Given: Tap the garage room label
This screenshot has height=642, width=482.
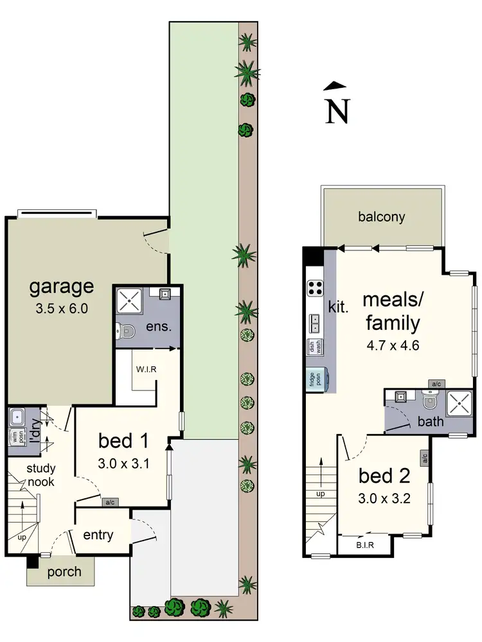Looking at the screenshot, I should click(x=62, y=286).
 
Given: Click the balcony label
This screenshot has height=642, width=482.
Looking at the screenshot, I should click(x=382, y=217).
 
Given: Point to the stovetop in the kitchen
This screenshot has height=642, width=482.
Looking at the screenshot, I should click(x=315, y=288).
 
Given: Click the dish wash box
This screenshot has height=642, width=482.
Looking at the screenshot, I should click(x=315, y=346).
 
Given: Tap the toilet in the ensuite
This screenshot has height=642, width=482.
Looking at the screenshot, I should click(x=126, y=332).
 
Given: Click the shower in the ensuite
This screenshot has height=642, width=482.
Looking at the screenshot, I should click(x=131, y=299).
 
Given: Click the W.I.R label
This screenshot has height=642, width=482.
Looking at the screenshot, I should click(x=147, y=369).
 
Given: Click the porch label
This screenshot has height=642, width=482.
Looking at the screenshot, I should click(x=64, y=571).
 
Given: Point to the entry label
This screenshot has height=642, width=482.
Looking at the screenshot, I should click(x=98, y=535).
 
